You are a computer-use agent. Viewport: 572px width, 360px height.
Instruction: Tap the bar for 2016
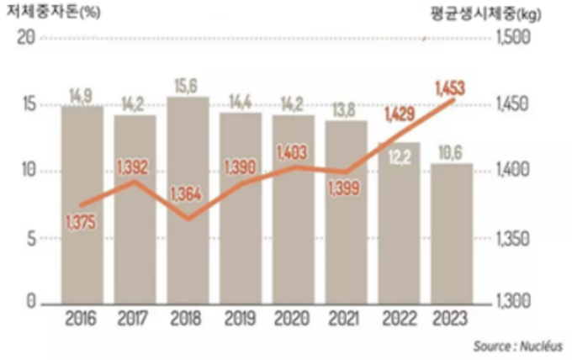pos(82,252)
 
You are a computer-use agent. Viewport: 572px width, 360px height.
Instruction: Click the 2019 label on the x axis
pos(240,320)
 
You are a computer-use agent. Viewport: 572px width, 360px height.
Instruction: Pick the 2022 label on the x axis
pos(399,320)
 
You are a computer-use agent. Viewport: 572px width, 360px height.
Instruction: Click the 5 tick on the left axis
pos(29,238)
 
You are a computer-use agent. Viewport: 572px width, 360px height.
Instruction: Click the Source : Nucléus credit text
pos(516,346)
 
